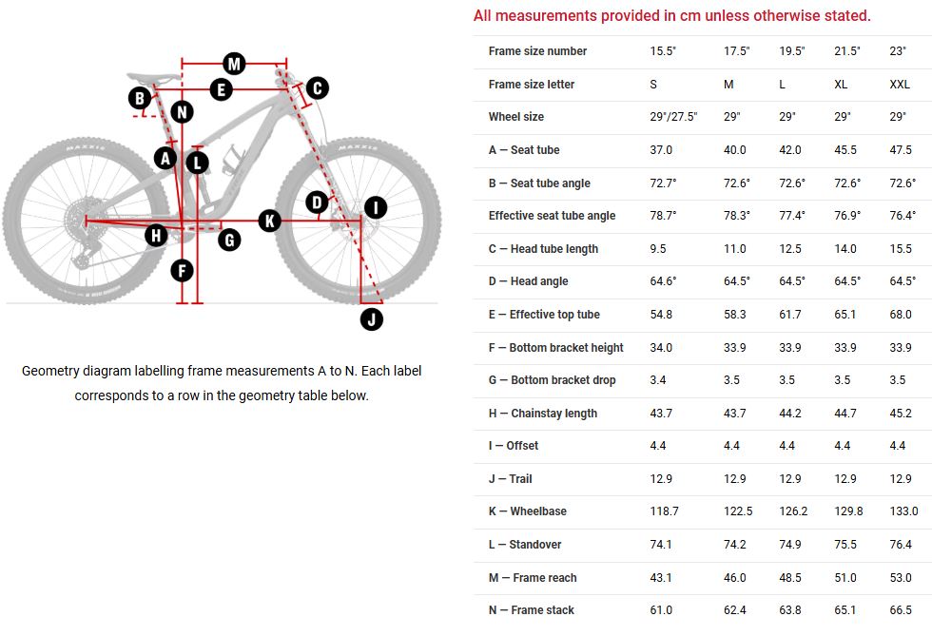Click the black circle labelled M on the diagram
[x=234, y=64]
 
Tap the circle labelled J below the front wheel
[x=372, y=318]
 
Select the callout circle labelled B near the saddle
[x=141, y=97]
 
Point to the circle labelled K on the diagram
[x=269, y=221]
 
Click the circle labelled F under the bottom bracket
[x=182, y=271]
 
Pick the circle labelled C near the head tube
[x=317, y=88]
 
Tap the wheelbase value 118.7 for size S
[x=664, y=511]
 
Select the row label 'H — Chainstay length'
[x=542, y=414]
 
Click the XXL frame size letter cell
[x=901, y=85]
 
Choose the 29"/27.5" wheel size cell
[x=673, y=117]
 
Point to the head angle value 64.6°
[x=663, y=281]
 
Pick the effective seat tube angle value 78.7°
[x=663, y=216]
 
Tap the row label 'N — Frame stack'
[x=531, y=610]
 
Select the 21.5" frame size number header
[x=847, y=51]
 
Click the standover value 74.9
[x=791, y=545]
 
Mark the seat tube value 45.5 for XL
[x=845, y=150]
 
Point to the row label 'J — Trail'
[x=510, y=479]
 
